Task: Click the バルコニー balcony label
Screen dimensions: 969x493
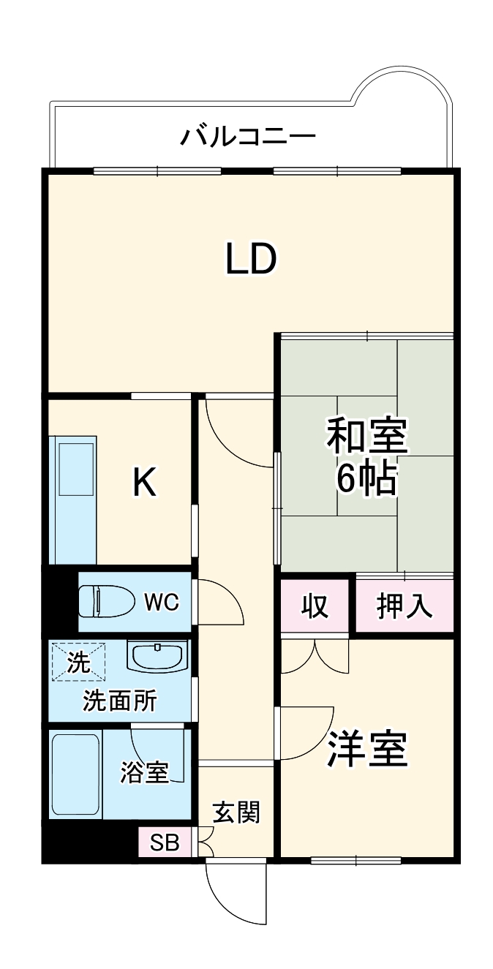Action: click(x=248, y=136)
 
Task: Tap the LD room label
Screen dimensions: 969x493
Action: click(x=250, y=260)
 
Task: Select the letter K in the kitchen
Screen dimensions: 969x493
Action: click(x=144, y=483)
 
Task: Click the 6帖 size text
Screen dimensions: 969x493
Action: click(x=366, y=480)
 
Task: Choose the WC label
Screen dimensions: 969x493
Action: click(x=161, y=602)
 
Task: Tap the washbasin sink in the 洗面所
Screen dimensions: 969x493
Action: click(x=157, y=655)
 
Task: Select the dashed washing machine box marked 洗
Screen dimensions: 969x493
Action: click(x=78, y=662)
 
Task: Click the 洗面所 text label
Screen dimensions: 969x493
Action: click(x=119, y=701)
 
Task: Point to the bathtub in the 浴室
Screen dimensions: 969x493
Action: click(x=75, y=774)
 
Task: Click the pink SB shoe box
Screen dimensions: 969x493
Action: click(x=165, y=842)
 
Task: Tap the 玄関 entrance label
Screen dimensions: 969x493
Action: click(x=236, y=812)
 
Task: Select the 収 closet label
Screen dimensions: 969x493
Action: click(x=315, y=606)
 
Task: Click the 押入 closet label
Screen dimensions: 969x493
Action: click(x=404, y=606)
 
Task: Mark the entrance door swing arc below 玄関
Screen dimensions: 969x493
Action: click(x=234, y=892)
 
